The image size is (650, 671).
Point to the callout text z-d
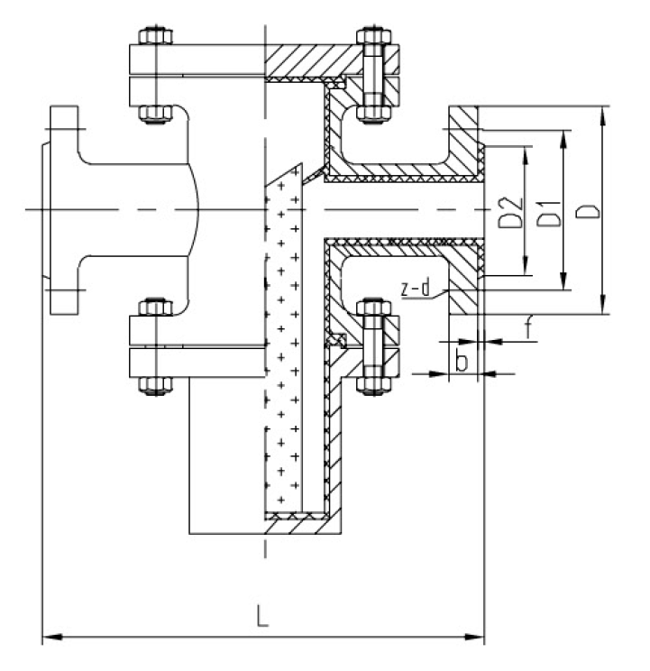(x=413, y=289)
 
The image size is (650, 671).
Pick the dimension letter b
(x=461, y=363)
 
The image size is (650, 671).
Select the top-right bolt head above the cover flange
(x=372, y=37)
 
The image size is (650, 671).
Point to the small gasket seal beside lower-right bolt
(x=337, y=341)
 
